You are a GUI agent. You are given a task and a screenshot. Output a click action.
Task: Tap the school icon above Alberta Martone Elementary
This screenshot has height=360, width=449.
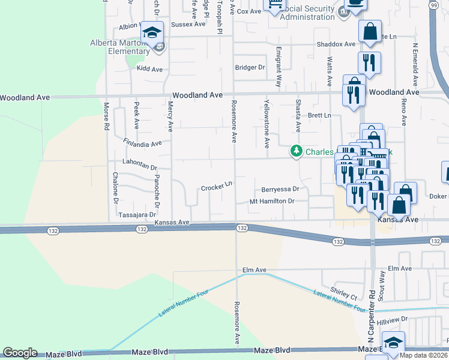coord(152,33)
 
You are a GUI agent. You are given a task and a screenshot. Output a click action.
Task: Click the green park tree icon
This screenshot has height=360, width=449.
coord(296,151)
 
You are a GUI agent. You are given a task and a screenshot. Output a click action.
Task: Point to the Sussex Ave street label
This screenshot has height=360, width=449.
coord(188,25)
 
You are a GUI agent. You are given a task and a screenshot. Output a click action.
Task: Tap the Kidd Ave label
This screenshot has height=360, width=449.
coord(150,70)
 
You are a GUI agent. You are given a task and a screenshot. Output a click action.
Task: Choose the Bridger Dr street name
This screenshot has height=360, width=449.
coord(250,68)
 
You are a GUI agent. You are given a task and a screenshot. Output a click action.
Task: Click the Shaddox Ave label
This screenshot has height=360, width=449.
coord(336,44)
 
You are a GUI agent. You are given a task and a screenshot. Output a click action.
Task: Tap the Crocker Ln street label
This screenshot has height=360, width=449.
coord(217,187)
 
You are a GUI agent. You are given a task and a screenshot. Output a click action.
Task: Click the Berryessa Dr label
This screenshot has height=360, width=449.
coord(280,188)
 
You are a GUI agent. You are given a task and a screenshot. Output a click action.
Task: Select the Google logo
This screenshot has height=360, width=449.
coord(20,353)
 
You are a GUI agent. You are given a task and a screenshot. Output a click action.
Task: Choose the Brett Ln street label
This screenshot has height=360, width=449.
coord(319,115)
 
